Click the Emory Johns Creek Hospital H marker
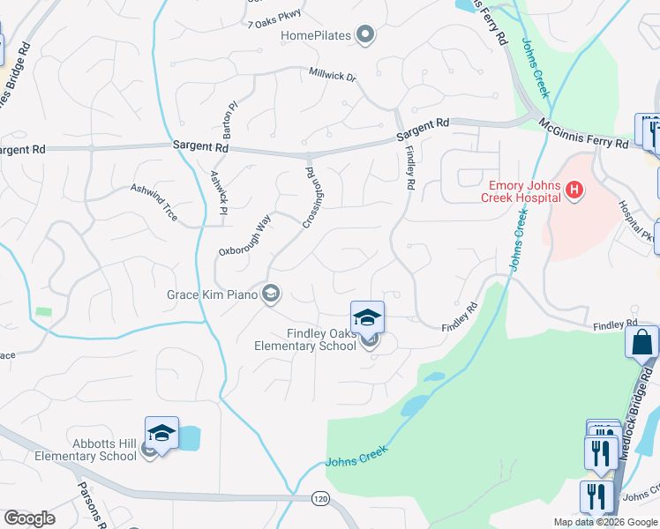tap(575, 190)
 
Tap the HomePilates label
tap(316, 36)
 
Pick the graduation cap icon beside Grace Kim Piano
tap(271, 294)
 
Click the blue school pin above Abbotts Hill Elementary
tap(161, 432)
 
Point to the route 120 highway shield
tap(319, 499)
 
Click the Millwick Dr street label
tap(332, 77)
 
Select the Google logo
tap(29, 518)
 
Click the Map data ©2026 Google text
tap(604, 522)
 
